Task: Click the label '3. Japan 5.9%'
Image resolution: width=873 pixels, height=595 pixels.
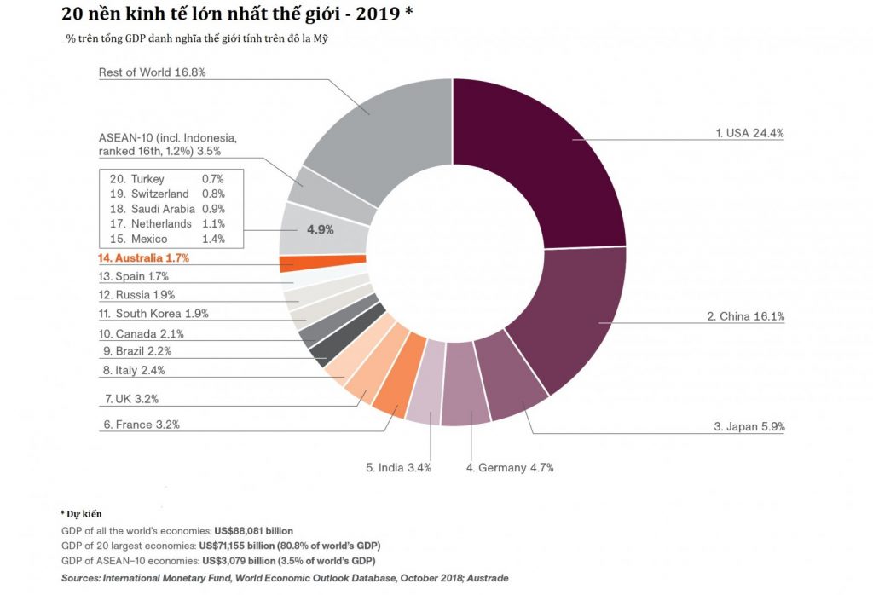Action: point(749,426)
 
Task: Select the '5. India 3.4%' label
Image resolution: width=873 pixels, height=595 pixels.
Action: point(398,468)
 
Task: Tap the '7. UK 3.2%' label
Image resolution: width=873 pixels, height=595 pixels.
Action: point(131,398)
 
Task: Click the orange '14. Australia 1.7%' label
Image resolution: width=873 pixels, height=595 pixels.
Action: point(143,257)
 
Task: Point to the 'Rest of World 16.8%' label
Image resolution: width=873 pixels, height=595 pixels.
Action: point(152,72)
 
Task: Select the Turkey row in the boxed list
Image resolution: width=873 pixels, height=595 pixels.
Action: point(162,179)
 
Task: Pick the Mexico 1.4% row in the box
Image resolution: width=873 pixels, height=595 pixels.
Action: point(162,240)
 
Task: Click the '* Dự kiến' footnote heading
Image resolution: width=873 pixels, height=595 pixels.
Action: point(82,515)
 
